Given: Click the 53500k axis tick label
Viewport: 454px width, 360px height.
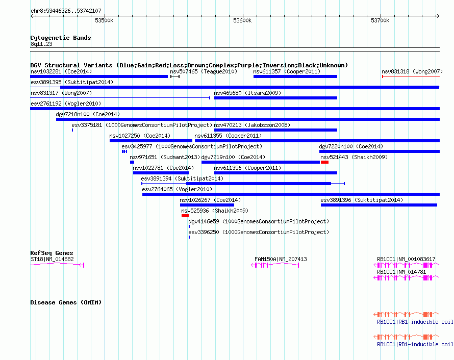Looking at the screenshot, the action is pyautogui.click(x=104, y=20).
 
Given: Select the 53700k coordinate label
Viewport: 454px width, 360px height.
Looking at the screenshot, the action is pyautogui.click(x=380, y=20).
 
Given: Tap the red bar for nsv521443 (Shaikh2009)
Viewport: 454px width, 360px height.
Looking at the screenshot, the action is pyautogui.click(x=324, y=162).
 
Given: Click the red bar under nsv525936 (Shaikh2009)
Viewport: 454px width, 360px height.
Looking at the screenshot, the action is pyautogui.click(x=185, y=216).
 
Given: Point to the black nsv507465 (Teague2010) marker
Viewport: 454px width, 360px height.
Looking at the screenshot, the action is pyautogui.click(x=175, y=76).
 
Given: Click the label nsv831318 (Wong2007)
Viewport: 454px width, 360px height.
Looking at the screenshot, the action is pyautogui.click(x=412, y=71).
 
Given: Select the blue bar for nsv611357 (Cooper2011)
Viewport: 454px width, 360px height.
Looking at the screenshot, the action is pyautogui.click(x=295, y=76).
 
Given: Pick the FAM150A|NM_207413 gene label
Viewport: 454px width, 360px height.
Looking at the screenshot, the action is pyautogui.click(x=281, y=259).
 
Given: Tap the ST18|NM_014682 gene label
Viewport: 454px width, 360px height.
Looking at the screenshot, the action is pyautogui.click(x=52, y=259).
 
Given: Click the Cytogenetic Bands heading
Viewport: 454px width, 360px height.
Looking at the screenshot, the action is pyautogui.click(x=61, y=38).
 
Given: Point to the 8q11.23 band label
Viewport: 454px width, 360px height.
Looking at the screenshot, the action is pyautogui.click(x=41, y=44).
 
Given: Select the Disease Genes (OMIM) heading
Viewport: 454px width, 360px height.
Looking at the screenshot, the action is pyautogui.click(x=66, y=302).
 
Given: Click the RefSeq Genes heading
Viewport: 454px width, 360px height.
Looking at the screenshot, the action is pyautogui.click(x=52, y=253).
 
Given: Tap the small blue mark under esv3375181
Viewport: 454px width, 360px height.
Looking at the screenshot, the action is pyautogui.click(x=72, y=130).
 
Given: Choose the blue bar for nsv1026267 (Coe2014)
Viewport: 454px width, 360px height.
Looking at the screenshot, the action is pyautogui.click(x=207, y=205).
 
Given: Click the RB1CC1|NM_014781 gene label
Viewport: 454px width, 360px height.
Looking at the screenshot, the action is pyautogui.click(x=401, y=272).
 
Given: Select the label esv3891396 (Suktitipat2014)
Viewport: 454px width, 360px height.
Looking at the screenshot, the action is pyautogui.click(x=362, y=200).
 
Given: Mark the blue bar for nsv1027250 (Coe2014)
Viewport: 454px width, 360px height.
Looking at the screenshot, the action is pyautogui.click(x=151, y=141).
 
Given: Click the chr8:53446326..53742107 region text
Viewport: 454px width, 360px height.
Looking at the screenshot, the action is pyautogui.click(x=66, y=11).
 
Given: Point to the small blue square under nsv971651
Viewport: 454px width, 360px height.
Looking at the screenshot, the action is pyautogui.click(x=132, y=162).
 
